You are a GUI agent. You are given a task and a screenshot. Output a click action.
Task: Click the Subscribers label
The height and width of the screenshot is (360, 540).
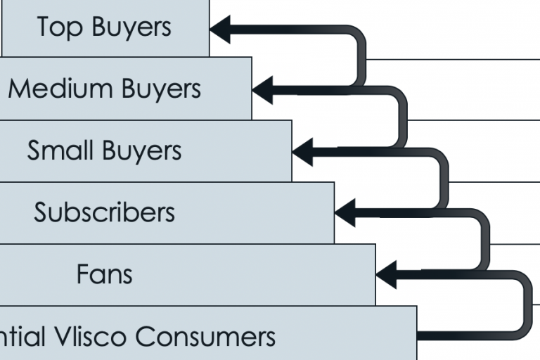click(x=104, y=212)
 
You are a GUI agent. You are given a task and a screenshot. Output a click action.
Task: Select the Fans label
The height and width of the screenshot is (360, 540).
click(x=104, y=274)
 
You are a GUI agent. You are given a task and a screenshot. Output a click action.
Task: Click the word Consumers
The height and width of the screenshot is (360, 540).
click(x=205, y=336)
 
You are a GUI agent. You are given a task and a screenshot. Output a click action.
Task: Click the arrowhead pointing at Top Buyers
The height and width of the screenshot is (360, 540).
click(x=220, y=29)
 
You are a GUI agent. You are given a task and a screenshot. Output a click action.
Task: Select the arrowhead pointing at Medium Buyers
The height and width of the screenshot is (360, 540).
click(x=262, y=90)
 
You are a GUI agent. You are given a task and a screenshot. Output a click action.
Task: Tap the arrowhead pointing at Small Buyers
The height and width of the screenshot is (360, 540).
click(x=302, y=151)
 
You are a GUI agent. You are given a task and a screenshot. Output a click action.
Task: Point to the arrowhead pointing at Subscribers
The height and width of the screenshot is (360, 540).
click(x=345, y=212)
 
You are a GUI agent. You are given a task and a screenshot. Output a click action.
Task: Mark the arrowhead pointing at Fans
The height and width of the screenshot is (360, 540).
click(x=386, y=274)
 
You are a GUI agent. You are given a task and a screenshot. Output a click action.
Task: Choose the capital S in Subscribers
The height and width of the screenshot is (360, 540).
click(x=41, y=212)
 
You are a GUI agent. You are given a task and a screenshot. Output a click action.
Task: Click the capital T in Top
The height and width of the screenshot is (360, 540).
click(x=43, y=27)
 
